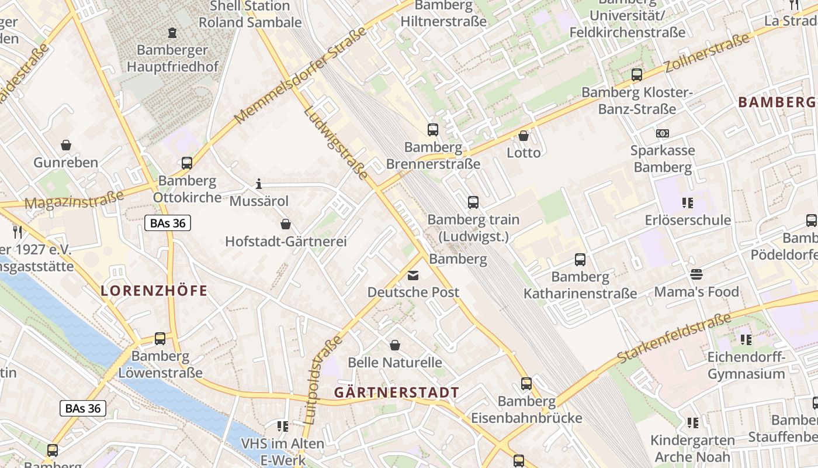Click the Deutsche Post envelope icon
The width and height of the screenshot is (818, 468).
tap(413, 275)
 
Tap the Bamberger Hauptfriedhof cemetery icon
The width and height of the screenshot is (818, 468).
tap(172, 33)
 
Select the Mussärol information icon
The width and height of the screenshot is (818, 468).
tap(259, 184)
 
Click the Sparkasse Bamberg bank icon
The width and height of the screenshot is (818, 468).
tap(662, 133)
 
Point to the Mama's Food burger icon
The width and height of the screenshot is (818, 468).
tap(696, 274)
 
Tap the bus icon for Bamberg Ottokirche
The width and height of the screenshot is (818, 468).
tap(187, 163)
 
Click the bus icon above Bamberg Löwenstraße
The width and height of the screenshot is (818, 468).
tap(160, 338)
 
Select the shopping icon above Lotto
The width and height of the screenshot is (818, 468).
tap(524, 136)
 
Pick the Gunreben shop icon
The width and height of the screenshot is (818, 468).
tap(66, 145)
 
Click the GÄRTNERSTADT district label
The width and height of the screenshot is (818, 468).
tap(397, 393)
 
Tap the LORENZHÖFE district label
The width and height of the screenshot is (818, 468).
tap(154, 291)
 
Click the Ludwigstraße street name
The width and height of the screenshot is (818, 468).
tap(336, 143)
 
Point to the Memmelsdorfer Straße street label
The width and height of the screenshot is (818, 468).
tap(301, 74)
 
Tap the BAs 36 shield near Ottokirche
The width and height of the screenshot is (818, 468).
tap(168, 223)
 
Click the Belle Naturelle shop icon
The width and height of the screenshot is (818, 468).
tap(395, 345)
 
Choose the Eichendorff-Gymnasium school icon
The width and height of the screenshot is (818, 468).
tap(745, 339)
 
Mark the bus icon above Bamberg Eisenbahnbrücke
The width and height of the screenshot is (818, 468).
tap(526, 384)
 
